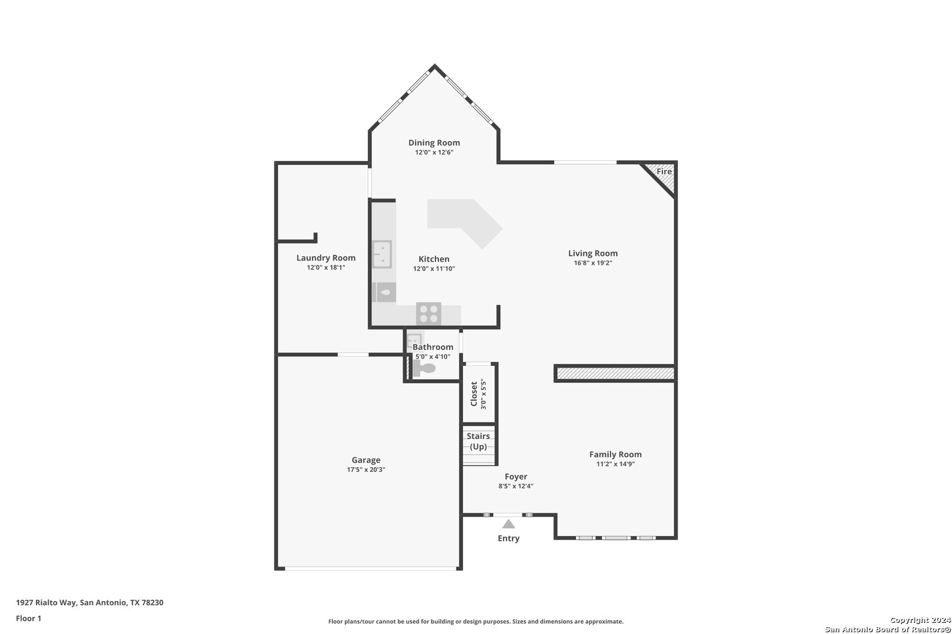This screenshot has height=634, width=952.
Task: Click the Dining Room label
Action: [x=434, y=143]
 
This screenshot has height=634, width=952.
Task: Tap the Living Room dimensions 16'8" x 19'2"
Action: [x=593, y=263]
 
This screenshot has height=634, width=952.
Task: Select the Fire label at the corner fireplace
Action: [x=664, y=171]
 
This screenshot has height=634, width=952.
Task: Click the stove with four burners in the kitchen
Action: [x=428, y=314]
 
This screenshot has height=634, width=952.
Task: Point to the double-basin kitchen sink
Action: [x=381, y=254]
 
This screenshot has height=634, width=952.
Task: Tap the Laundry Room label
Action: [x=326, y=258]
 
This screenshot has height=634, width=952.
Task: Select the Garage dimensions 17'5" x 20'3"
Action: [x=366, y=470]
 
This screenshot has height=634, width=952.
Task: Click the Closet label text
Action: [x=474, y=394]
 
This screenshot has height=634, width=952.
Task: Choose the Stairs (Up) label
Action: [x=478, y=441]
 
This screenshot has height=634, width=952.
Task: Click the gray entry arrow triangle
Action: [x=508, y=524]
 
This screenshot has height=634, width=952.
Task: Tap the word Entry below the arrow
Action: [x=508, y=538]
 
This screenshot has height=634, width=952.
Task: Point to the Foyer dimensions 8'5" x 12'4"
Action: [x=516, y=486]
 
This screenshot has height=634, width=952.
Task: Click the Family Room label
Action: [x=615, y=454]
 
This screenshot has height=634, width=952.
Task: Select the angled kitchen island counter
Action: [x=465, y=223]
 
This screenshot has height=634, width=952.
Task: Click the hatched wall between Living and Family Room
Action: [x=615, y=373]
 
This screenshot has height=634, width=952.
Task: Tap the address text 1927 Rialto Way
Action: [x=46, y=602]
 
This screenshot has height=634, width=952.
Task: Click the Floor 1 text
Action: [x=28, y=619]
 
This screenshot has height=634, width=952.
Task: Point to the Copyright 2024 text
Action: [x=920, y=620]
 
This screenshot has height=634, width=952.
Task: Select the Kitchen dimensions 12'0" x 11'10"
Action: [x=434, y=269]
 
